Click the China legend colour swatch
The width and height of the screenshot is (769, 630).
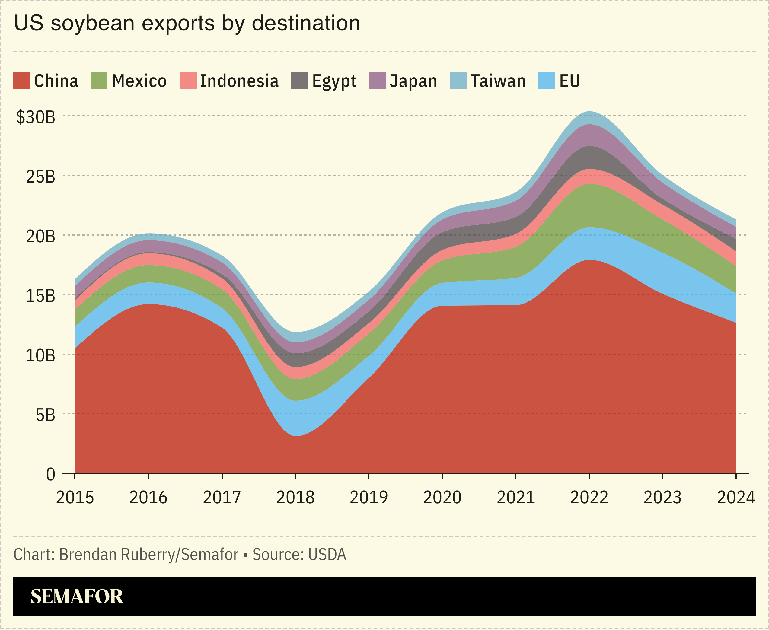tap(21, 81)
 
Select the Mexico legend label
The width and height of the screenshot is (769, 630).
tap(139, 81)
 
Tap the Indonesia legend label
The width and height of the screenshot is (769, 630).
tap(239, 81)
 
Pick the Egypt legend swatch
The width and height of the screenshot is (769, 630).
tap(299, 81)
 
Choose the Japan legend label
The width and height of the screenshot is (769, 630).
tap(413, 81)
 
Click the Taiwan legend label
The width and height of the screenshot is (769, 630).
tap(498, 81)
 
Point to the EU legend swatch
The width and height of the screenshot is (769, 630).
tap(547, 81)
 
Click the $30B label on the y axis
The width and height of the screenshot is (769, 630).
tap(36, 117)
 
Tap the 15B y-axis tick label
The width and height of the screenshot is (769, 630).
tap(40, 296)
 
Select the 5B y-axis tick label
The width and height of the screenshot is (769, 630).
tap(45, 415)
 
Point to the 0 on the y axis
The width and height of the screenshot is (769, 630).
tap(50, 474)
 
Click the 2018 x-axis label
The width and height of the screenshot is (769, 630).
tap(295, 497)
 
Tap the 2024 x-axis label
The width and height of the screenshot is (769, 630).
tap(735, 497)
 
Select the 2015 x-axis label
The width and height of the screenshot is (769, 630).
tap(75, 497)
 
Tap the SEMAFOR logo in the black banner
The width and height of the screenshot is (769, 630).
tap(77, 596)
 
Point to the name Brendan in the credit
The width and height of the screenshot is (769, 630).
tap(88, 555)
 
